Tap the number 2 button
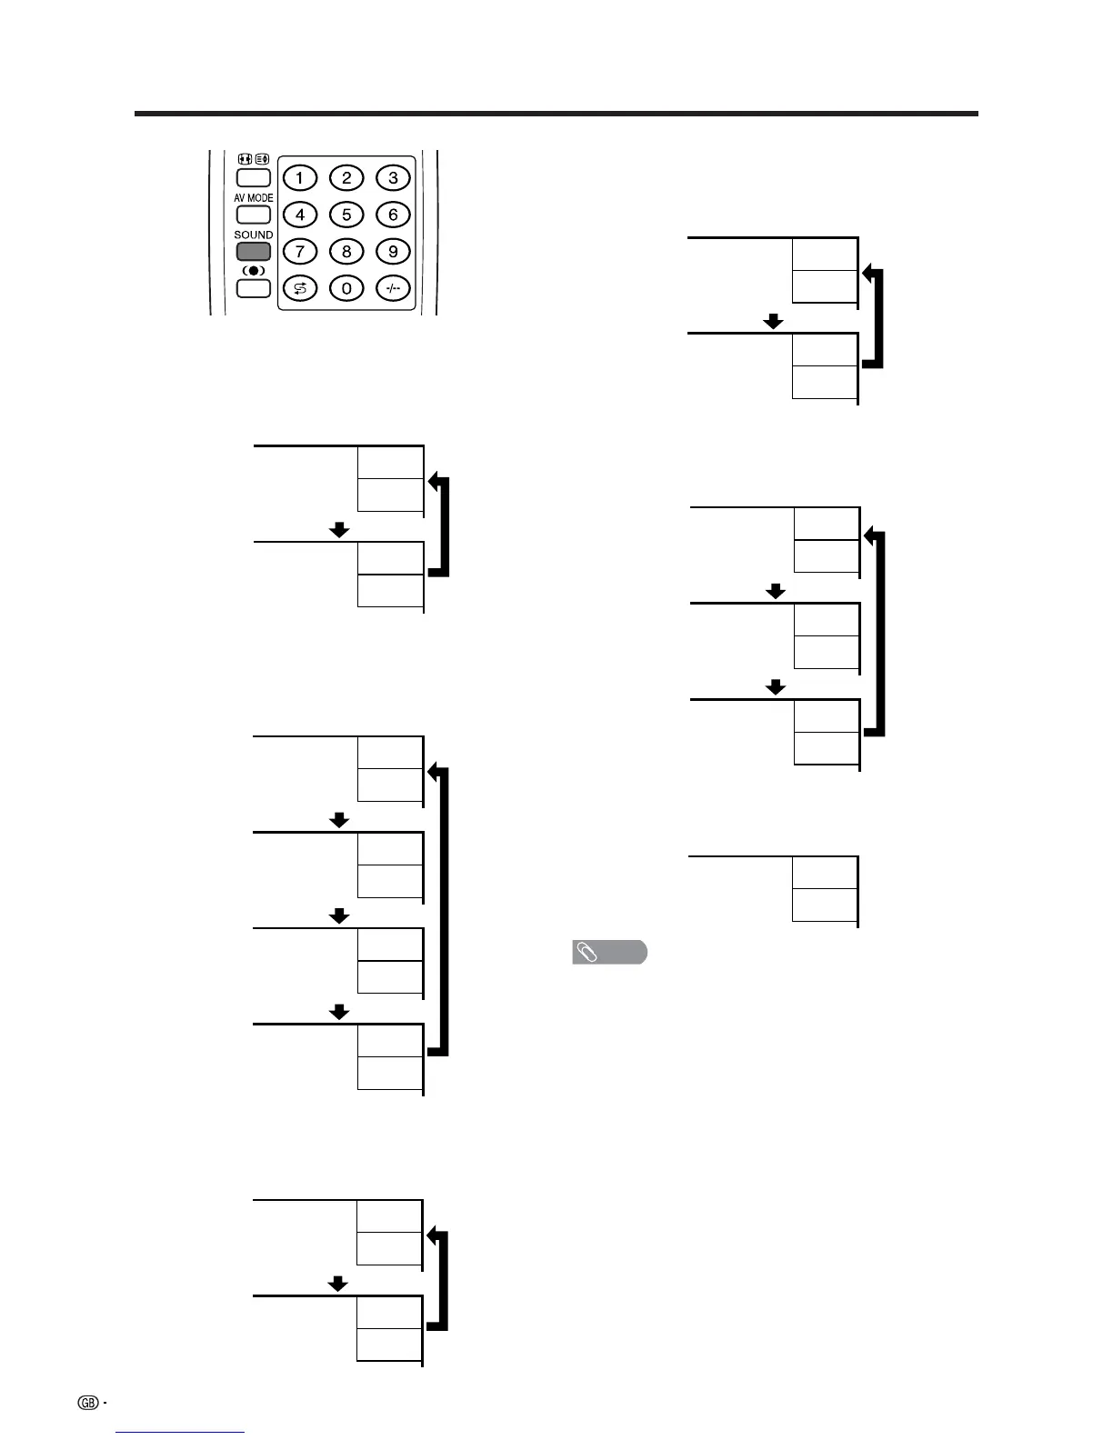(346, 178)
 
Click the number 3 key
(393, 178)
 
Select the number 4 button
(300, 215)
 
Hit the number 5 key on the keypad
(346, 215)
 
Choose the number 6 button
(393, 215)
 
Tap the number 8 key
(346, 252)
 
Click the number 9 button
(393, 252)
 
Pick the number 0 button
(346, 289)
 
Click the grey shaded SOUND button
(254, 252)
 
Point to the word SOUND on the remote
(254, 235)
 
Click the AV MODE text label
(254, 197)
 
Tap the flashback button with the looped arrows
(300, 289)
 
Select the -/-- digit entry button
(393, 289)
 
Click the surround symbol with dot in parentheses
(254, 271)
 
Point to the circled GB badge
(88, 1402)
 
